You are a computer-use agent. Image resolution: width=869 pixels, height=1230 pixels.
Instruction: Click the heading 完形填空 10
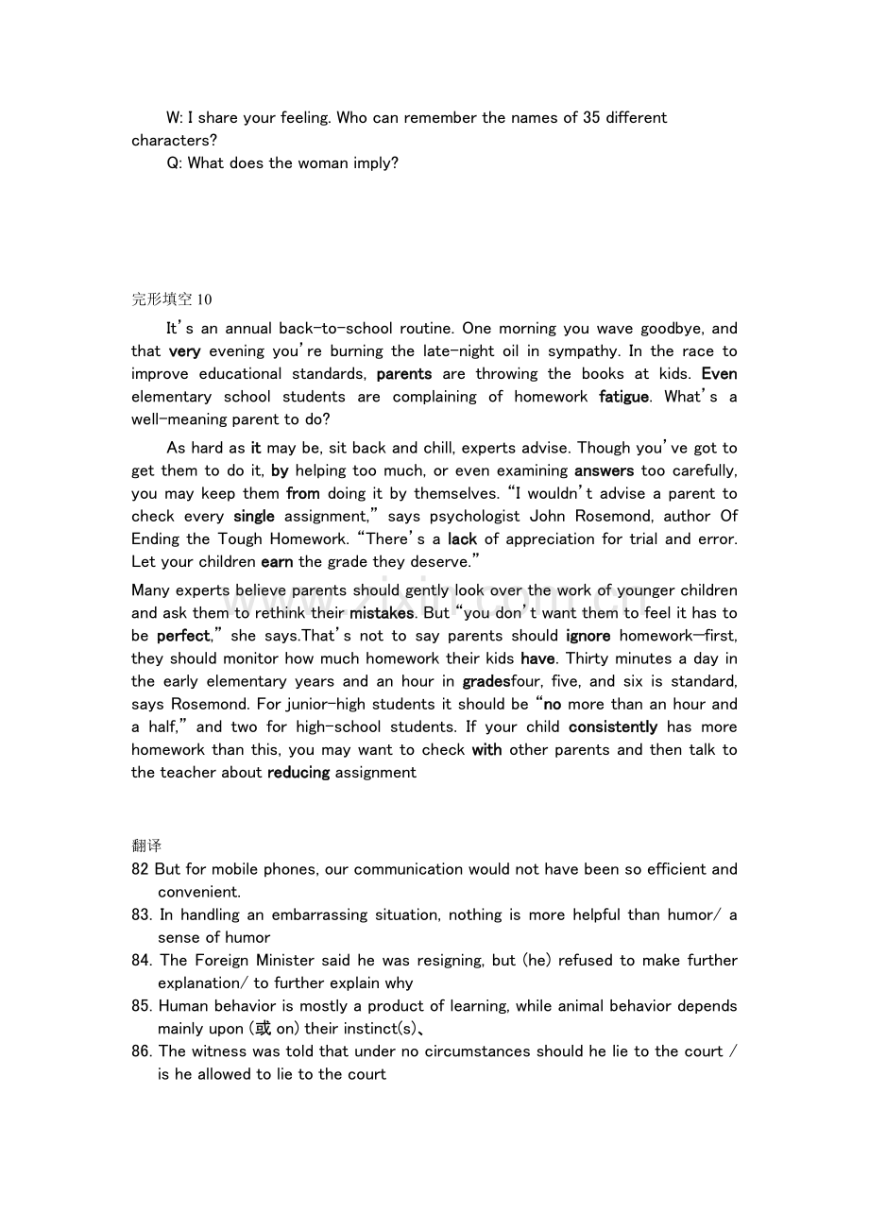pyautogui.click(x=172, y=299)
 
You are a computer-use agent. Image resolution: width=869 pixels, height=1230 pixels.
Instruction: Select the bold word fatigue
pyautogui.click(x=623, y=397)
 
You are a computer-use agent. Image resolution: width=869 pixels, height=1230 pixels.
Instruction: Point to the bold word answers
pyautogui.click(x=604, y=470)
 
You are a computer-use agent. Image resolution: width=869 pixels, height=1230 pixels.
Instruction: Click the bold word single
pyautogui.click(x=254, y=516)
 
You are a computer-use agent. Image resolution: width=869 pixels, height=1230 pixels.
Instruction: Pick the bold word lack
pyautogui.click(x=462, y=539)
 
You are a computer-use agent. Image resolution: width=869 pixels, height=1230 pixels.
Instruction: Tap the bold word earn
pyautogui.click(x=277, y=562)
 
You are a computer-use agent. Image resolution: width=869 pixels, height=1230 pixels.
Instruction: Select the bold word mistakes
pyautogui.click(x=382, y=613)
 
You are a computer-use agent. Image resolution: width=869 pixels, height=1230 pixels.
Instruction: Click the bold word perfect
pyautogui.click(x=182, y=636)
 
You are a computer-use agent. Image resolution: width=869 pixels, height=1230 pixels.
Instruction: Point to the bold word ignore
pyautogui.click(x=588, y=636)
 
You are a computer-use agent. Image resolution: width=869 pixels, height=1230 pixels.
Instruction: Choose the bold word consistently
pyautogui.click(x=613, y=726)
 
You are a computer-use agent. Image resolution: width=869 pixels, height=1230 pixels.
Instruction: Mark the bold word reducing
pyautogui.click(x=298, y=773)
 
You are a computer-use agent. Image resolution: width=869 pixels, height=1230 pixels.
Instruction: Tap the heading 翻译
pyautogui.click(x=146, y=846)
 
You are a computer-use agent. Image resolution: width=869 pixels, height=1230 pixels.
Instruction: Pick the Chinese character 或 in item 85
pyautogui.click(x=264, y=1029)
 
